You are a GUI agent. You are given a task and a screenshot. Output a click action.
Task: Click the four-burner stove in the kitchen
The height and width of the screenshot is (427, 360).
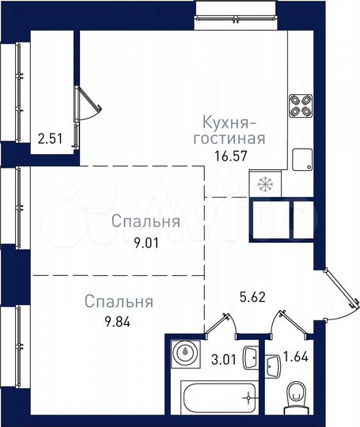pyautogui.click(x=301, y=105)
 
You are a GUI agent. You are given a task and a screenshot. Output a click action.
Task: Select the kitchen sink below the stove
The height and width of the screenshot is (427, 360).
pyautogui.click(x=301, y=160)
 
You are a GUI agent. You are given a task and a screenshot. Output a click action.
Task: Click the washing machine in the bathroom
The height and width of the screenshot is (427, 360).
pyautogui.click(x=184, y=353)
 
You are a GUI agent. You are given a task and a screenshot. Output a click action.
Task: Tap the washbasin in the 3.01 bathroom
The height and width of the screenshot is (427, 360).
pyautogui.click(x=250, y=356)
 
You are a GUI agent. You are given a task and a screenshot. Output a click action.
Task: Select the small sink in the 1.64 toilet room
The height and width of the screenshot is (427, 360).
pyautogui.click(x=273, y=365)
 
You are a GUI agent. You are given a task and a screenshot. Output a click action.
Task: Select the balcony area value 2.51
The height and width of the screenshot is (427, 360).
pyautogui.click(x=51, y=143)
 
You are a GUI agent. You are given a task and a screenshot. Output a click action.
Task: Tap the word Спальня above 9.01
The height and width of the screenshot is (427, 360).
pyautogui.click(x=145, y=222)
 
